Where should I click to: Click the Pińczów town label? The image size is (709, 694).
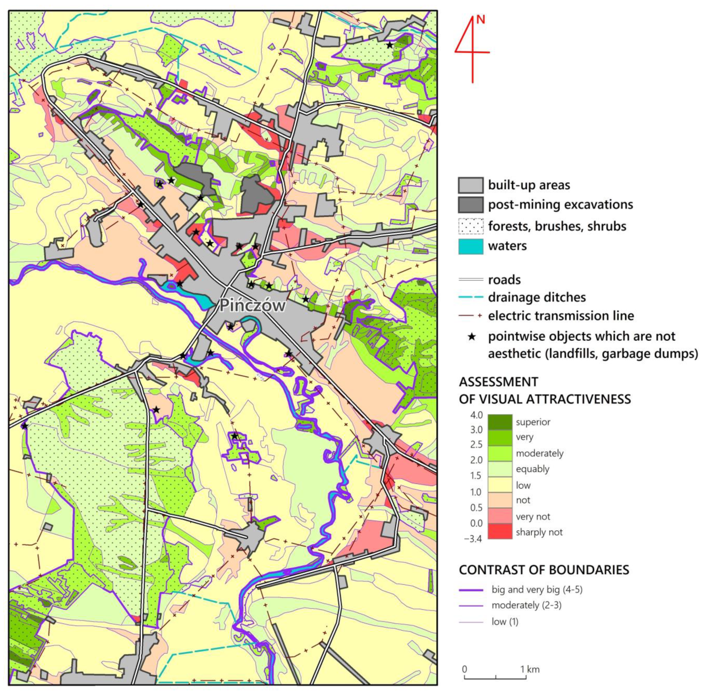coord(252,305)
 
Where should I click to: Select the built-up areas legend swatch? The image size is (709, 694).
coord(470,185)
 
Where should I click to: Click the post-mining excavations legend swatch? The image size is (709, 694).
coord(470,205)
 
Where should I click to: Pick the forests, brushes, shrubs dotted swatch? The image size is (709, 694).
coord(470,226)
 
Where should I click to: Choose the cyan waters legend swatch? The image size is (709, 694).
coord(470,246)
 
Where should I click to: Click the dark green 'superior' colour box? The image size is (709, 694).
coord(500,422)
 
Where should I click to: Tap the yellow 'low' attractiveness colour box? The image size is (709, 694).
coord(500,485)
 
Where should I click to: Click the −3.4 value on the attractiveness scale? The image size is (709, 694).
coord(473,539)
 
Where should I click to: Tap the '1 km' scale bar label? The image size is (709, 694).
coord(530,669)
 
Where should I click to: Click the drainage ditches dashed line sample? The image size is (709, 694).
coord(470,297)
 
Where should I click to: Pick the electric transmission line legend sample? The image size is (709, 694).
coord(470,316)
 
